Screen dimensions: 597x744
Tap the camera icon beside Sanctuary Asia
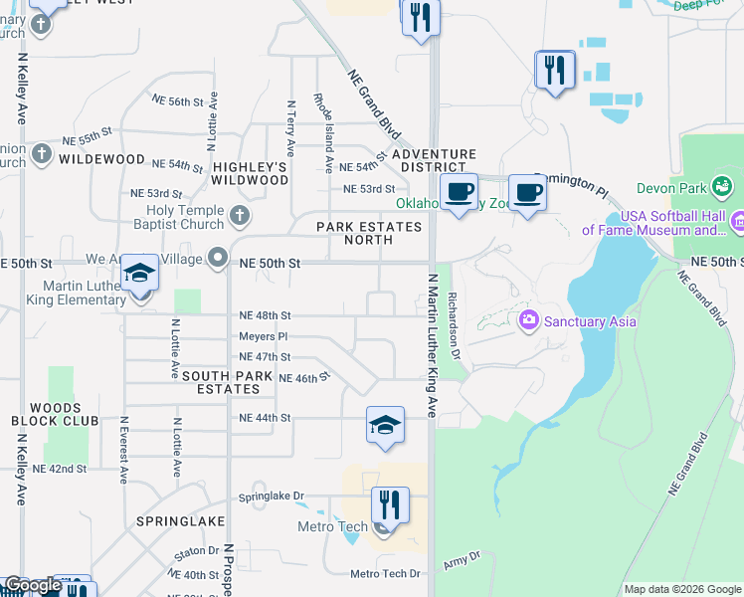pos(528,320)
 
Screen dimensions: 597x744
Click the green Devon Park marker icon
pos(722,186)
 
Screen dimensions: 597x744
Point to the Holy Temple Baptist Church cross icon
pos(239,215)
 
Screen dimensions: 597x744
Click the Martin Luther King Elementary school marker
pos(139,275)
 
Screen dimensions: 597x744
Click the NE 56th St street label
pos(177,101)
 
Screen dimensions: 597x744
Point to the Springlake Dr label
pos(271,497)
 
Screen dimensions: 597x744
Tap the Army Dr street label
pos(462,561)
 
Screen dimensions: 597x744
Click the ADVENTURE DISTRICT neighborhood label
pos(434,160)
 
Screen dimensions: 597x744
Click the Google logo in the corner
pos(32,585)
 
